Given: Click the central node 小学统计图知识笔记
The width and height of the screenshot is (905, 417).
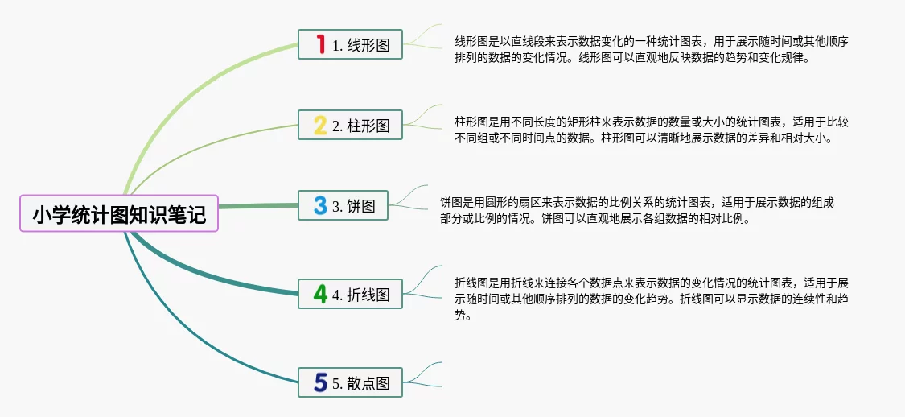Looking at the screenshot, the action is point(119,214).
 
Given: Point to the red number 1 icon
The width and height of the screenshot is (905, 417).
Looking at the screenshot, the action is point(320,45).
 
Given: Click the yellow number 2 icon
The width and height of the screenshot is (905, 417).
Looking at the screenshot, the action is point(320,126).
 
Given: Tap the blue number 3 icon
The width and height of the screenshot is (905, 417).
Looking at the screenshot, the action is point(320,206).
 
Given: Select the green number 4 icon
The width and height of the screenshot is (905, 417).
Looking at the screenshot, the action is point(320,295).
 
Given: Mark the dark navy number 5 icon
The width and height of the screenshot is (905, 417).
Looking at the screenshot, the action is point(320,383).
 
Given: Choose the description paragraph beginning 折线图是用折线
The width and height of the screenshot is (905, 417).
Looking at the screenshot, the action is point(652,299).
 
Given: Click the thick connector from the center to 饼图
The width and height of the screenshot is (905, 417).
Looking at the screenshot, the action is point(257,206).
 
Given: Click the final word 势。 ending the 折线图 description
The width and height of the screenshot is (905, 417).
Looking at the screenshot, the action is point(463,316).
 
